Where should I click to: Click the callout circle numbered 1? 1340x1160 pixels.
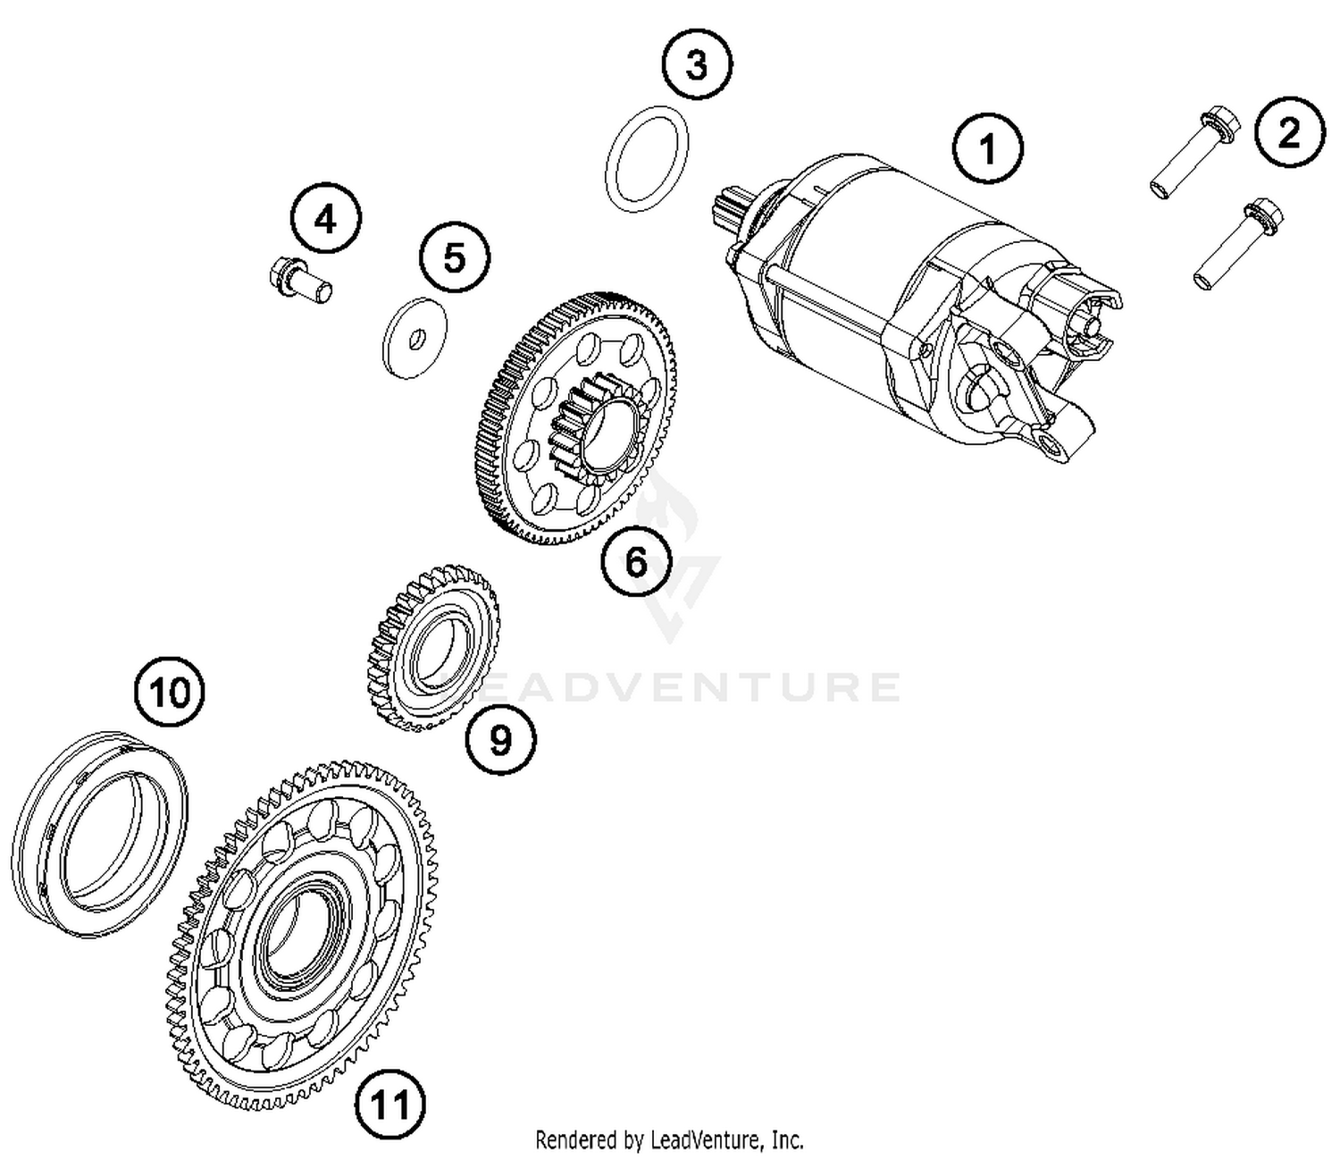[x=987, y=149]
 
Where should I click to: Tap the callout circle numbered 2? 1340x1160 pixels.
[x=1289, y=132]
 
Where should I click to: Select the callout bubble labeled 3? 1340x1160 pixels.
[x=696, y=65]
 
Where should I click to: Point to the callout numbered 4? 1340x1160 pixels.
[x=326, y=218]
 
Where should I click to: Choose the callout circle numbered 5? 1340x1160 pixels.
[x=455, y=257]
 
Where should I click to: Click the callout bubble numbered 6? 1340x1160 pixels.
[x=635, y=561]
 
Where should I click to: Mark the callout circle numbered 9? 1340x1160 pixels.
[x=500, y=739]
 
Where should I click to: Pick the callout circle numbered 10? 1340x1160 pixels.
[x=170, y=692]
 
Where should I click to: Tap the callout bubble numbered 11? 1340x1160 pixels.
[x=389, y=1105]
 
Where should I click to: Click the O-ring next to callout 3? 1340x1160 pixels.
[x=648, y=161]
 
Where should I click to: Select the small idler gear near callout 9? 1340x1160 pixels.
[x=434, y=645]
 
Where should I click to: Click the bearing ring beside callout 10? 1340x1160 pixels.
[x=100, y=831]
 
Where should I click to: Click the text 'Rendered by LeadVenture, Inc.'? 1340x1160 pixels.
[x=669, y=1140]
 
